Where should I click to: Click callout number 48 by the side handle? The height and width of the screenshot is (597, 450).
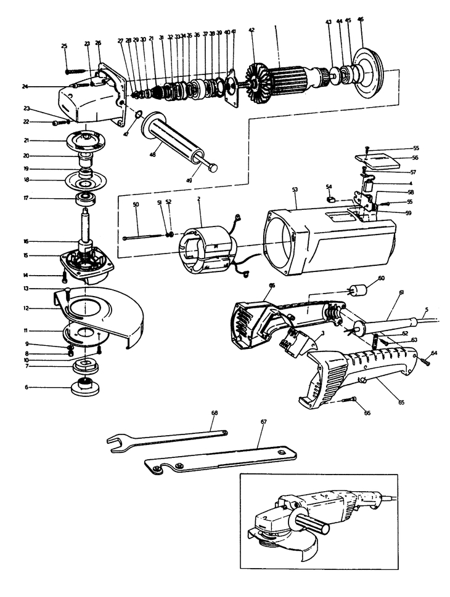click(152, 154)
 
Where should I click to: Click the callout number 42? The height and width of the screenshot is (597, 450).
click(252, 30)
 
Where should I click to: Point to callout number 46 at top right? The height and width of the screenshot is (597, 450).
click(361, 20)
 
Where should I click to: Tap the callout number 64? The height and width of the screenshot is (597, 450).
click(434, 353)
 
